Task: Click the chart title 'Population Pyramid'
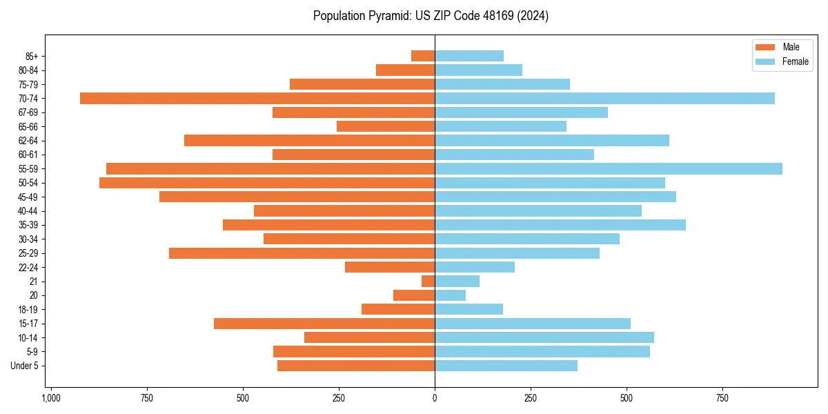tap(431, 16)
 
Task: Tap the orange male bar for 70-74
tap(257, 98)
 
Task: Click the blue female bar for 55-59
tap(609, 168)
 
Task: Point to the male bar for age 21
tap(428, 281)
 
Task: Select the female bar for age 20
tap(451, 295)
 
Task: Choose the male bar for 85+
tap(423, 56)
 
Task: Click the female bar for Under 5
tap(506, 366)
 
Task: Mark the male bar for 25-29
tap(302, 253)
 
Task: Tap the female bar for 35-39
tap(560, 225)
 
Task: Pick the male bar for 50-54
tap(267, 183)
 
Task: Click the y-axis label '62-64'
tap(28, 141)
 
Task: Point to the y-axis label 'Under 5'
tap(25, 366)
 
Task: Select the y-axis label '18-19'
tap(28, 310)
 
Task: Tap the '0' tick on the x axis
tap(435, 398)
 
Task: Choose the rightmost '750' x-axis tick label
tap(722, 398)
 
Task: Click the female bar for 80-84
tap(478, 70)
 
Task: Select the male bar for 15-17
tap(324, 324)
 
